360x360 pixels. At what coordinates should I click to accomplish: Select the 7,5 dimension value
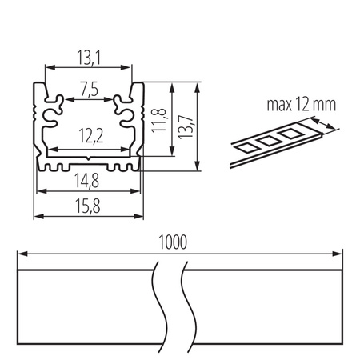pos(88,90)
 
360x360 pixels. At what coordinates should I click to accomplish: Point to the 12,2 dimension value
pos(88,138)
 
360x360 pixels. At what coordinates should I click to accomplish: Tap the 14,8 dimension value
pos(88,179)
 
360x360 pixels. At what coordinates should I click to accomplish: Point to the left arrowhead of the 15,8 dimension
pos(36,215)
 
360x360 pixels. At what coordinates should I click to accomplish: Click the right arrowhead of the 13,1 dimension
pos(129,68)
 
